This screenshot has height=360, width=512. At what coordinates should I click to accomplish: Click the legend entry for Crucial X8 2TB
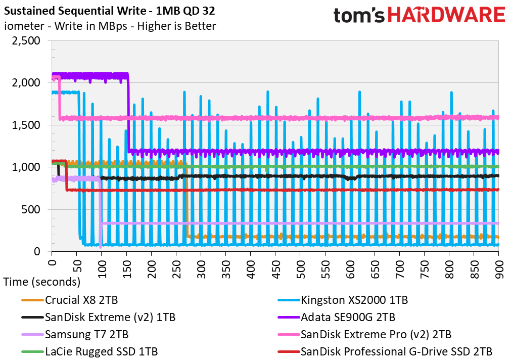click(70, 300)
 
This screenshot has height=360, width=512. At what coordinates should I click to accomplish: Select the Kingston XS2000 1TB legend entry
click(343, 300)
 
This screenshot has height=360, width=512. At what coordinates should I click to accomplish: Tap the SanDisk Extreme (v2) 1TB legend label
click(98, 317)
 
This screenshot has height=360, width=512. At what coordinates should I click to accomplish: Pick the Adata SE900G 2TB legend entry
click(336, 317)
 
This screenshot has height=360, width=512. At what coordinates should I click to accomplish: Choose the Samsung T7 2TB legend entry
click(75, 335)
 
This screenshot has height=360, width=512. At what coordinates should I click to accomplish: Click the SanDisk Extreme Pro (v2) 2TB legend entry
click(364, 335)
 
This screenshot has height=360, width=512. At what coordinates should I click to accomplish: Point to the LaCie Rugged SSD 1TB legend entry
click(89, 351)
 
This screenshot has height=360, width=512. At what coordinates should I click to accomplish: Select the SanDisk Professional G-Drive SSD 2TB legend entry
click(385, 351)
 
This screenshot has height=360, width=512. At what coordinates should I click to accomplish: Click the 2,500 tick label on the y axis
click(26, 41)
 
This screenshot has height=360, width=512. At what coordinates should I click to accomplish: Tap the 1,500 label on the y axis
click(26, 125)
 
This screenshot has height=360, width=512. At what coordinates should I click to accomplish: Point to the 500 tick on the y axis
click(31, 209)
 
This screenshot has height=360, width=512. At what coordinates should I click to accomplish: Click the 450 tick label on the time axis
click(275, 269)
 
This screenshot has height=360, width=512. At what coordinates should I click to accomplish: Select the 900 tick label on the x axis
click(499, 269)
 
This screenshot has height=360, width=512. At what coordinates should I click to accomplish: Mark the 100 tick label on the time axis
click(102, 269)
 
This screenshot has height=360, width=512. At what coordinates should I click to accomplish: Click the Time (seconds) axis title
click(42, 282)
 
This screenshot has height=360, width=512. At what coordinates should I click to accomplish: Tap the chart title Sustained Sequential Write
click(75, 11)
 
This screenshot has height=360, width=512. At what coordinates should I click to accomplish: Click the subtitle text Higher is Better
click(176, 26)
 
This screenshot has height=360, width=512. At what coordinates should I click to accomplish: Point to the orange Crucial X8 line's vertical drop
click(187, 199)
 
